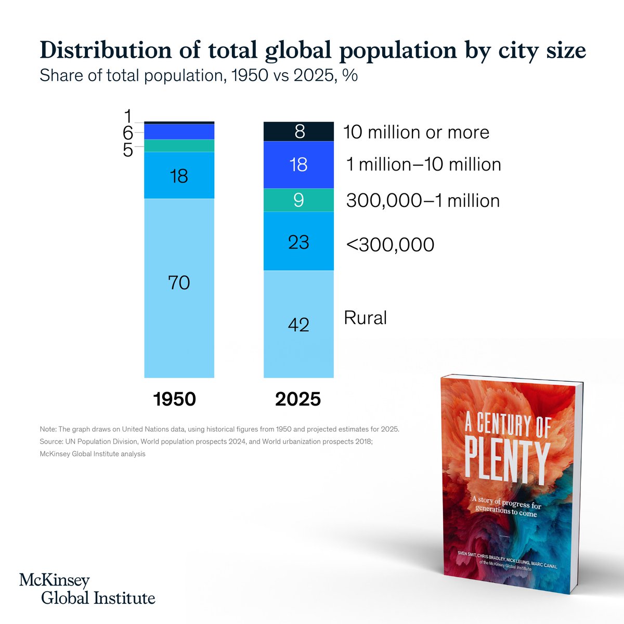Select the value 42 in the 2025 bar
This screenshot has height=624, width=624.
click(x=298, y=324)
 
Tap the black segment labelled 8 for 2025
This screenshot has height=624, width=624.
click(x=298, y=132)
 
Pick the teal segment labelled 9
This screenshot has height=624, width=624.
click(x=298, y=200)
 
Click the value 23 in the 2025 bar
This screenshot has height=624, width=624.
click(x=298, y=242)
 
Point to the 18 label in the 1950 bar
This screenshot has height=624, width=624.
click(x=179, y=176)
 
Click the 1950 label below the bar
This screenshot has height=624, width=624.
click(x=174, y=399)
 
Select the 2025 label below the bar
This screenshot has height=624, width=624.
click(x=298, y=399)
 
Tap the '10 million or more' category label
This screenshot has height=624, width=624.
click(x=416, y=132)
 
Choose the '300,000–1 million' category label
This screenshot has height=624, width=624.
click(x=423, y=201)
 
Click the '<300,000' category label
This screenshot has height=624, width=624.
click(x=390, y=244)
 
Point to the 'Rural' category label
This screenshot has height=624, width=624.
click(x=365, y=318)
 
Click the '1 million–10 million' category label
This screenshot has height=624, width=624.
click(x=423, y=164)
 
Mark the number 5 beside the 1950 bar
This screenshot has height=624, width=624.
click(x=128, y=150)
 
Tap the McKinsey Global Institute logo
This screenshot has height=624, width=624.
click(x=87, y=589)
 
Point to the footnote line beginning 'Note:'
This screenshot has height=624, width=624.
click(x=219, y=430)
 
